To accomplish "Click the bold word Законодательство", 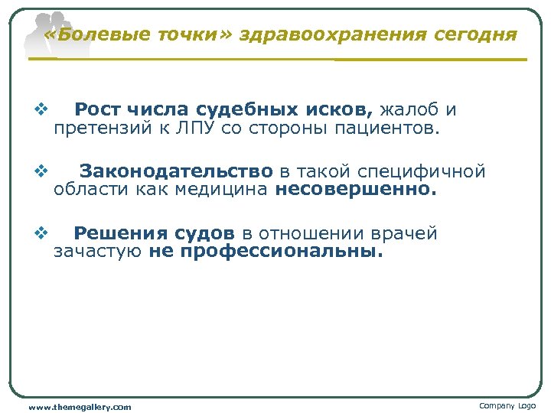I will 176,171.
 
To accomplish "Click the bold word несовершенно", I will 356,189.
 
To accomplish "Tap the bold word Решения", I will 119,234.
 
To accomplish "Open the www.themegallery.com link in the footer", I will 80,407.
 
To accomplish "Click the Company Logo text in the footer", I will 507,405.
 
